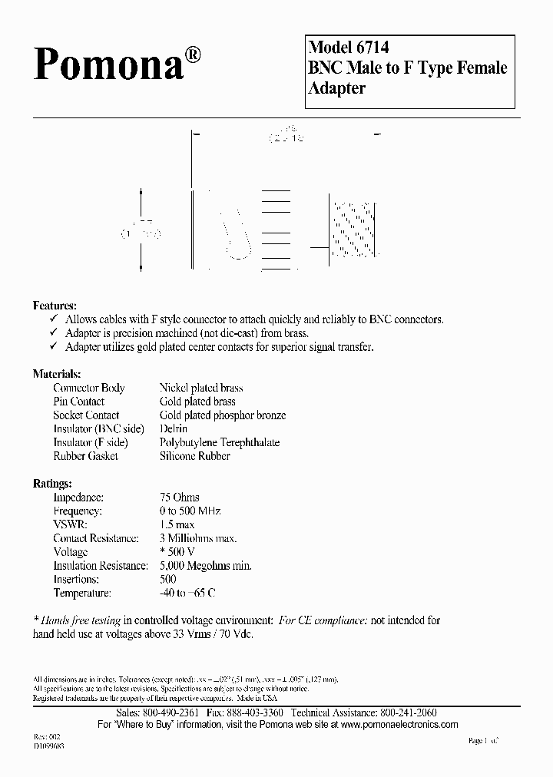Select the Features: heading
(x=55, y=305)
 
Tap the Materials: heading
(x=56, y=374)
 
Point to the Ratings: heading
(x=52, y=484)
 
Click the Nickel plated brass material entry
(x=200, y=388)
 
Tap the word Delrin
(x=174, y=428)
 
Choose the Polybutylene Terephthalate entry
(x=219, y=442)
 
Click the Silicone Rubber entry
(x=194, y=456)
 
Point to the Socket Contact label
(x=86, y=415)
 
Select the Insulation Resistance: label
(x=100, y=566)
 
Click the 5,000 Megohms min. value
(x=205, y=566)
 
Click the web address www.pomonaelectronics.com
(x=399, y=725)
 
